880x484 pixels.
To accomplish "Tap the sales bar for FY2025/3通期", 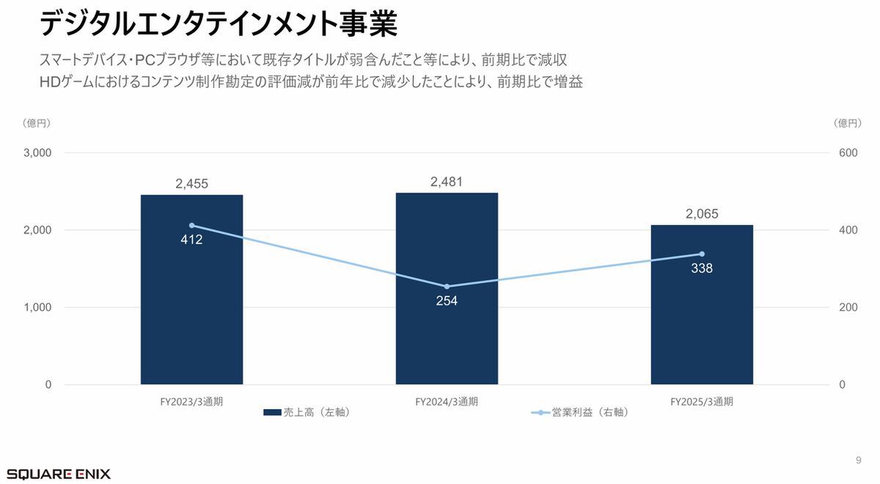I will tap(702, 323).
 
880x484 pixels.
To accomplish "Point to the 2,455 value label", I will tap(191, 184).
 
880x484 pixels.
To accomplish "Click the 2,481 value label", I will tap(447, 182).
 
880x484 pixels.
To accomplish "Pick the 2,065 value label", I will tap(702, 214).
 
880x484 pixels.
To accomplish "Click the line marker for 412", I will tap(192, 225).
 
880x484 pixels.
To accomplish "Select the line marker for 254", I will tap(447, 286).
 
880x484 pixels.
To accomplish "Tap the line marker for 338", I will tap(702, 254).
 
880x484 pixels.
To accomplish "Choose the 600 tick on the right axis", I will tap(848, 153).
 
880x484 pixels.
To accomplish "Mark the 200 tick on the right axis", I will tap(848, 307).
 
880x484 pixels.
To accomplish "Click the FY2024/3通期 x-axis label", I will tap(447, 402).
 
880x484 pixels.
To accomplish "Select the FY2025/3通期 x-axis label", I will tap(702, 402).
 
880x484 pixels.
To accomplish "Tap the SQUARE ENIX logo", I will tap(59, 474).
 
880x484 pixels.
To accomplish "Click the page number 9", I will tap(858, 460).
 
